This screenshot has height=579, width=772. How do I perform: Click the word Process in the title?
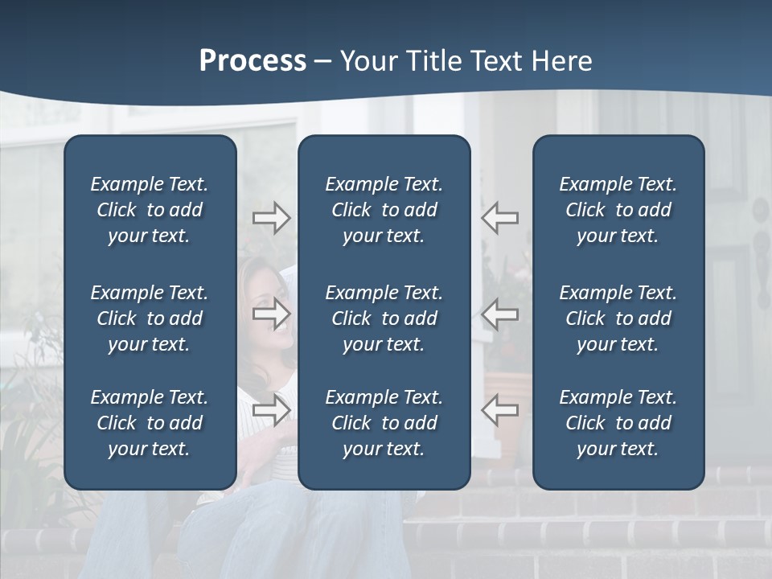pyautogui.click(x=253, y=61)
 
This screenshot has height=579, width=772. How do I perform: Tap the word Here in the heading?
pyautogui.click(x=562, y=61)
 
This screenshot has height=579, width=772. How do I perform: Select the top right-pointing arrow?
pyautogui.click(x=271, y=218)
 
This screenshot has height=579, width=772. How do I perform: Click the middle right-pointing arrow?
pyautogui.click(x=271, y=313)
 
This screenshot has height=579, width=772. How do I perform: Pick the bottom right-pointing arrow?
pyautogui.click(x=271, y=409)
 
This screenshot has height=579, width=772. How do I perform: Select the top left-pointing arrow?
pyautogui.click(x=500, y=218)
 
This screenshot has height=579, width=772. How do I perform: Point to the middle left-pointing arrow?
pyautogui.click(x=500, y=313)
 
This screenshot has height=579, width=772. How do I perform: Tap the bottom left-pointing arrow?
pyautogui.click(x=500, y=409)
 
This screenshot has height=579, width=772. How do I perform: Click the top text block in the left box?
pyautogui.click(x=150, y=210)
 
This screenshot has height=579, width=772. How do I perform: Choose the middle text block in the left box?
pyautogui.click(x=150, y=318)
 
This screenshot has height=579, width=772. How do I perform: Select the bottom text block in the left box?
pyautogui.click(x=150, y=423)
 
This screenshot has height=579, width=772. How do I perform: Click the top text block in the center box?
pyautogui.click(x=384, y=210)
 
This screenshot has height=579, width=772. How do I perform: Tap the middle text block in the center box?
pyautogui.click(x=384, y=318)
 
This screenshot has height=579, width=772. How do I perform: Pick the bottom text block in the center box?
pyautogui.click(x=384, y=423)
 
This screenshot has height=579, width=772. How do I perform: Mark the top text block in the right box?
pyautogui.click(x=618, y=210)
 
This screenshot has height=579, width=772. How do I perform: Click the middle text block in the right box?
pyautogui.click(x=618, y=318)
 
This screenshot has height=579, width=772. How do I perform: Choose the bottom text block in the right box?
pyautogui.click(x=618, y=423)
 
